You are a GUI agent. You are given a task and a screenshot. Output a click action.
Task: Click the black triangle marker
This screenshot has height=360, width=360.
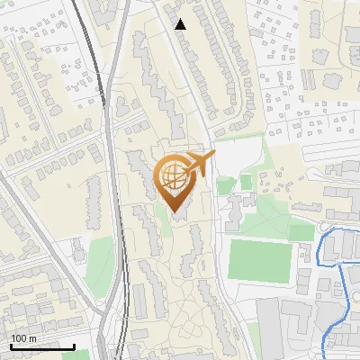181,24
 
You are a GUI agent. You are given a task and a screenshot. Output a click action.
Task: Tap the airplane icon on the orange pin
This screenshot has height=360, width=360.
200,163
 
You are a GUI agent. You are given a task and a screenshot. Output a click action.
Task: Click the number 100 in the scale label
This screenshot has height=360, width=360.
18,338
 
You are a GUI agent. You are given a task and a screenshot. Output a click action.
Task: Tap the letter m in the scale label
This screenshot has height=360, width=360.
31,338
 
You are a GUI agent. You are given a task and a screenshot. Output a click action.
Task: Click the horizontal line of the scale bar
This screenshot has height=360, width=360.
41,346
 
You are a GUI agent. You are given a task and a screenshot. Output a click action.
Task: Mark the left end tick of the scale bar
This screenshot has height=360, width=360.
10,345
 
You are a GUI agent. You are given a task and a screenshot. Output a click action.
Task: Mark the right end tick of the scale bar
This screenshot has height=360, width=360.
74,345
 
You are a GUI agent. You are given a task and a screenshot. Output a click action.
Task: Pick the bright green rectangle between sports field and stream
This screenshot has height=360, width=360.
301,232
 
